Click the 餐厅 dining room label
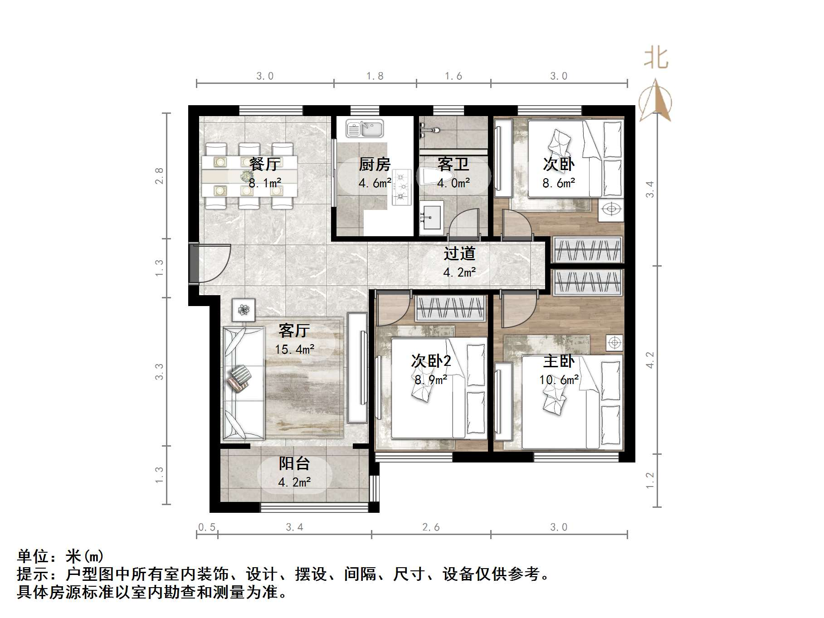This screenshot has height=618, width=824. tap(265, 164)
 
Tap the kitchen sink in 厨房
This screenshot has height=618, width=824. tap(365, 128)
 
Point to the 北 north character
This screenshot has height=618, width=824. tap(656, 58)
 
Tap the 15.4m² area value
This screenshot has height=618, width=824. tap(294, 349)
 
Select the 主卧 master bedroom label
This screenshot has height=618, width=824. tap(559, 361)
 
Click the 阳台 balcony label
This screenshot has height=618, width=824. tap(294, 463)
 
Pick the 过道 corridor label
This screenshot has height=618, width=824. tap(459, 253)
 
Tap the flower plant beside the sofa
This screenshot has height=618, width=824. tap(244, 310)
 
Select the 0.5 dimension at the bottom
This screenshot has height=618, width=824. tap(207, 527)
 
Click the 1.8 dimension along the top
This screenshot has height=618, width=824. tap(375, 76)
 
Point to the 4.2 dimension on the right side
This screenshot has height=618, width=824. tap(650, 360)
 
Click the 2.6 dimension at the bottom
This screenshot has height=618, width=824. tap(431, 527)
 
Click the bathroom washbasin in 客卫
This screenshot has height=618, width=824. tap(431, 218)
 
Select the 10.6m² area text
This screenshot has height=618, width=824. tap(559, 380)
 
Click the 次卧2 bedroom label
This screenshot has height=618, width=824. tap(431, 361)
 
